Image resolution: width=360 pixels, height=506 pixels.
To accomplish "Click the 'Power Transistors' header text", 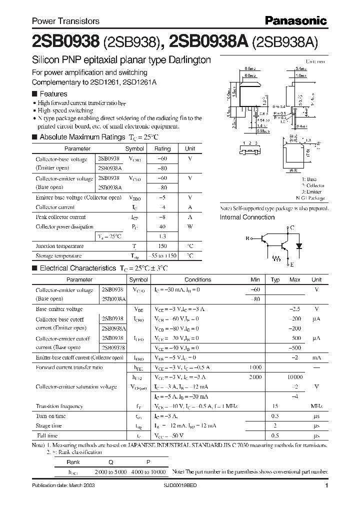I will [x=65, y=21].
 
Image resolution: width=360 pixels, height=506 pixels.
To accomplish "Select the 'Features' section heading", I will [x=53, y=93].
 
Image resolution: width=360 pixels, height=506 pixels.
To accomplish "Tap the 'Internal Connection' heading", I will [x=247, y=217].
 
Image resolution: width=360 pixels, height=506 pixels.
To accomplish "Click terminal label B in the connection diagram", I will [x=246, y=238].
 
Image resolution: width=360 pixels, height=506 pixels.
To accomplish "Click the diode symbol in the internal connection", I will [x=299, y=246].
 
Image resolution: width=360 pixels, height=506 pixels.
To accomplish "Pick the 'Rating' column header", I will [x=162, y=148].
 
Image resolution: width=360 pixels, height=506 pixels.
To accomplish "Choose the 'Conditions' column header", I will [x=197, y=279].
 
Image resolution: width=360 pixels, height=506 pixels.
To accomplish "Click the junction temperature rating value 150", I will [x=162, y=246].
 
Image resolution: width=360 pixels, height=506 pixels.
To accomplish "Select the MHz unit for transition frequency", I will [x=316, y=406].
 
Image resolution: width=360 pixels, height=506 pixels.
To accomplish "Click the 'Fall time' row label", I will [x=47, y=435].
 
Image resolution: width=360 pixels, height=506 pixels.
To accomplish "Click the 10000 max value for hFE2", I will [x=294, y=377].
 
